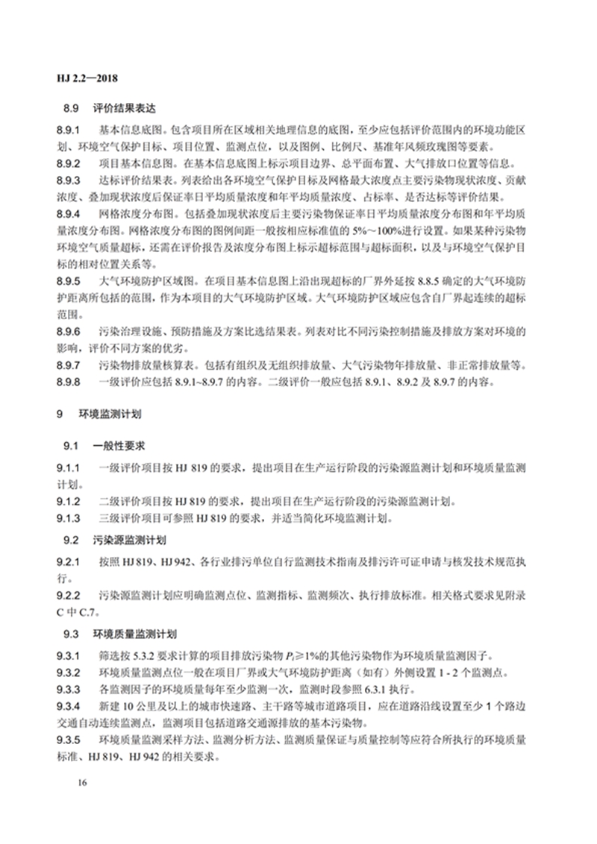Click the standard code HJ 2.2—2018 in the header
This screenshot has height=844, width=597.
click(89, 78)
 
